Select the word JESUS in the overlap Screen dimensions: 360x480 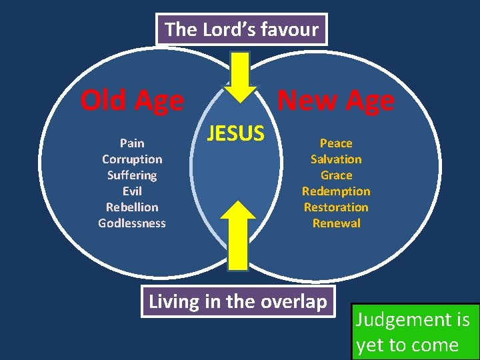click(235, 134)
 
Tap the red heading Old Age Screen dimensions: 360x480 click(131, 101)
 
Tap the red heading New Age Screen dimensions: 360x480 click(335, 101)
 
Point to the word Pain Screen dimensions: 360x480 click(132, 143)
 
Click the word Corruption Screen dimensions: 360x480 click(132, 159)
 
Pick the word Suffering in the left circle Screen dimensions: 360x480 click(132, 175)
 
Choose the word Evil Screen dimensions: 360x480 click(132, 191)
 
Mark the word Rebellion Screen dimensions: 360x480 click(132, 207)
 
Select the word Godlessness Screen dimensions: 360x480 click(132, 223)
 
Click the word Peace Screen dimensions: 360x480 click(336, 143)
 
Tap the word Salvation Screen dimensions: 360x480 click(336, 159)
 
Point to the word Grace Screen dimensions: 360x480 click(336, 175)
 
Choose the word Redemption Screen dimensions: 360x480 click(336, 191)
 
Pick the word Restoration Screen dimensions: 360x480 click(336, 207)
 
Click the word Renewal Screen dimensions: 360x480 click(336, 223)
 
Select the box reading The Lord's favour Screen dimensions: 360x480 click(241, 29)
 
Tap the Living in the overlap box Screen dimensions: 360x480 click(238, 301)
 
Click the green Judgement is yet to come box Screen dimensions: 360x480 click(414, 331)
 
